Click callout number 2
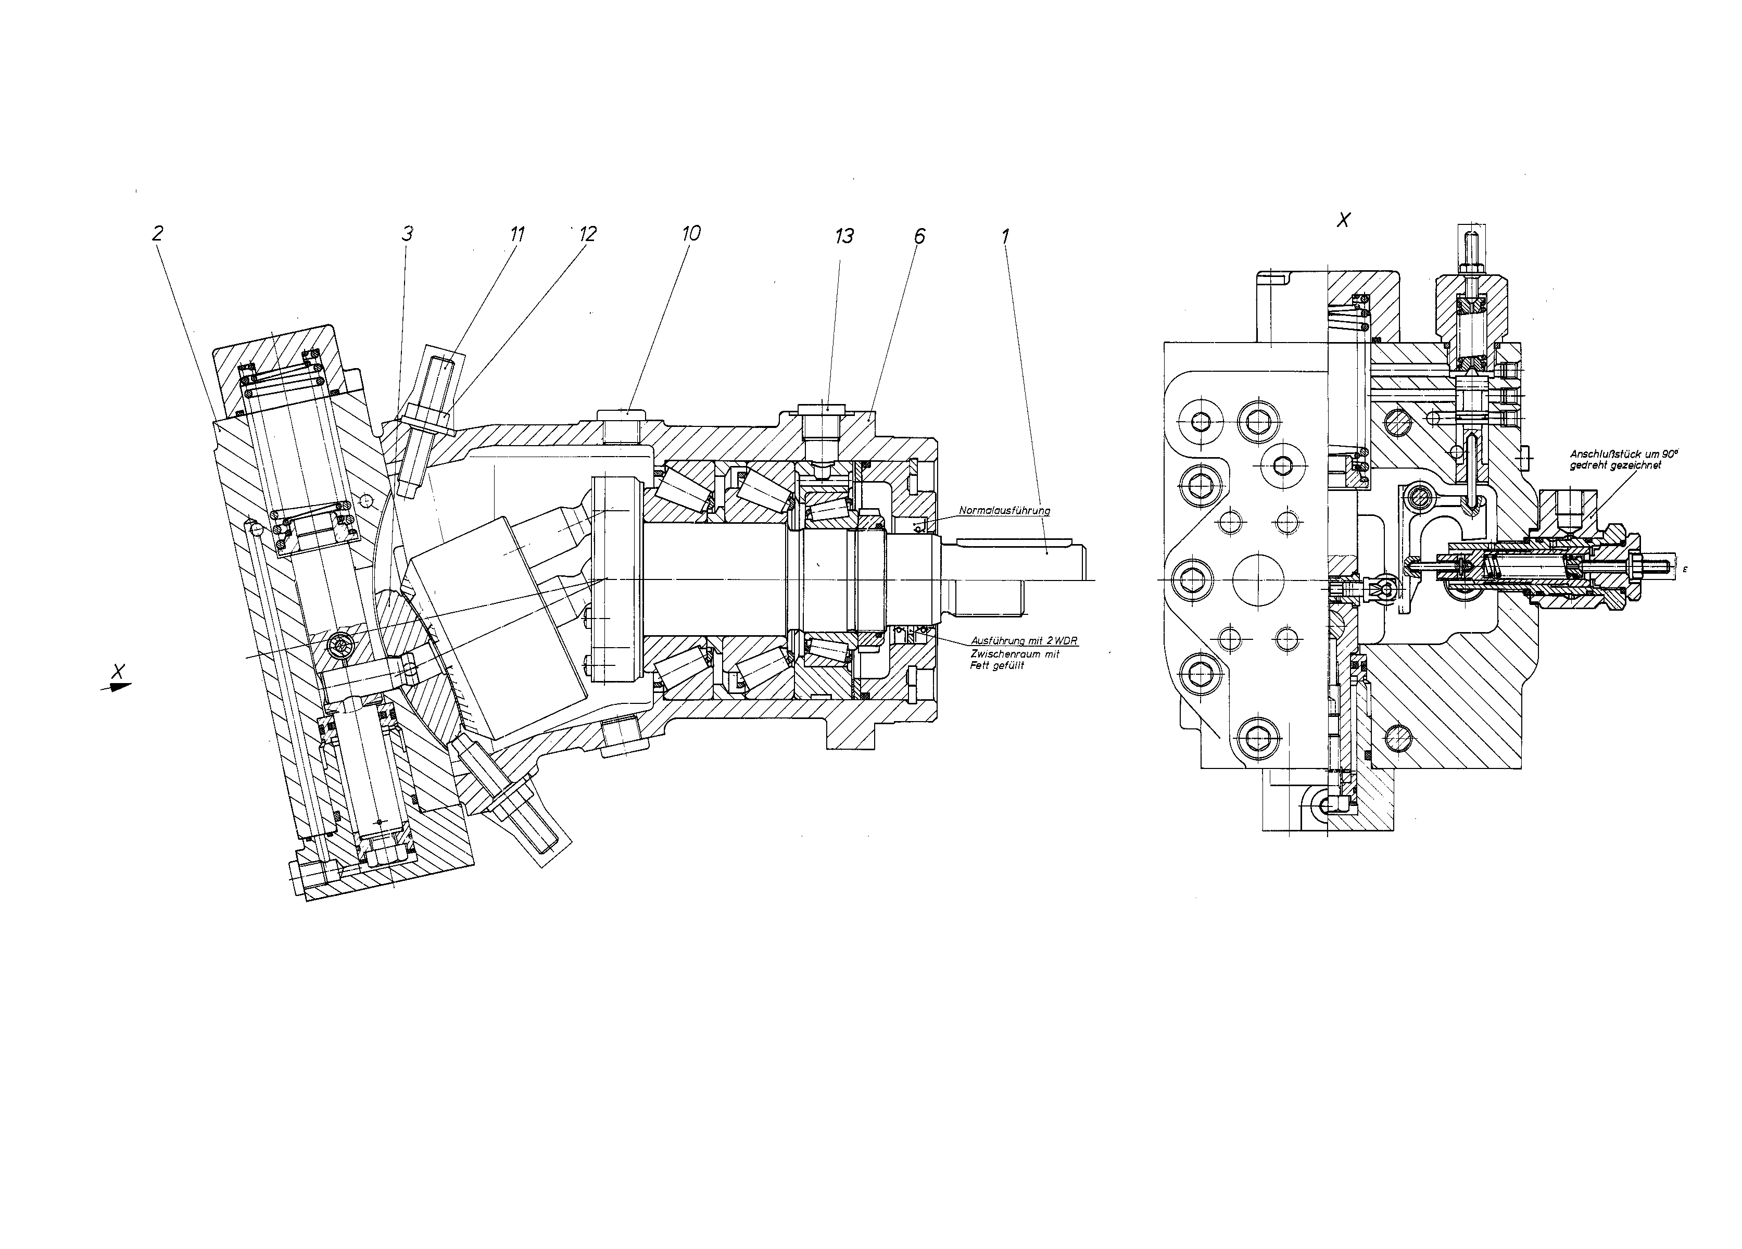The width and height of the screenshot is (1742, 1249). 157,234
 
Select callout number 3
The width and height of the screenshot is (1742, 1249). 407,234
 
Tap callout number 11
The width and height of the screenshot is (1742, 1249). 517,234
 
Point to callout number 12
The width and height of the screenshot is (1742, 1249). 588,234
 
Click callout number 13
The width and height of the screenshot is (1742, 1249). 844,236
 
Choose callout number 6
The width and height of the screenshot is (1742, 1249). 919,236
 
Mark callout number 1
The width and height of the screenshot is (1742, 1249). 1005,236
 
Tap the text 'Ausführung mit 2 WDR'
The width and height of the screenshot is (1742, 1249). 1024,640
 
